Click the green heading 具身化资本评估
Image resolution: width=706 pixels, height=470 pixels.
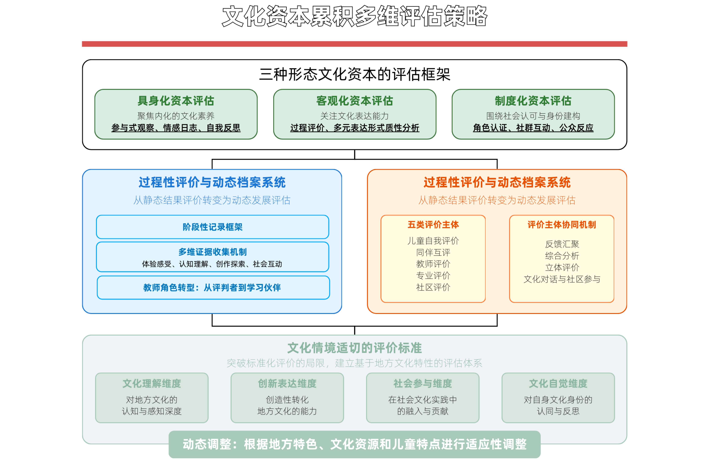point(176,101)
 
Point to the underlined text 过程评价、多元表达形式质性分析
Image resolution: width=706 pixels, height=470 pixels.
point(354,128)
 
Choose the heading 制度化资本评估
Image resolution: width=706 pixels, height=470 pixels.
point(533,101)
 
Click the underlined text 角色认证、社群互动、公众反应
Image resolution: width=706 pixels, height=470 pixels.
point(533,128)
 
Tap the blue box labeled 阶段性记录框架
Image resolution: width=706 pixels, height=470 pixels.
point(213,227)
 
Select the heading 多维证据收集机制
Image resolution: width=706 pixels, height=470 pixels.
point(213,252)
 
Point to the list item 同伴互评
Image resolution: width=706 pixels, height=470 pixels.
point(433,252)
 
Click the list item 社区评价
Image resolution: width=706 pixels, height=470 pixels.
point(433,287)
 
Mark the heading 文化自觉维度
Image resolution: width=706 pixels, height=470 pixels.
point(558,383)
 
